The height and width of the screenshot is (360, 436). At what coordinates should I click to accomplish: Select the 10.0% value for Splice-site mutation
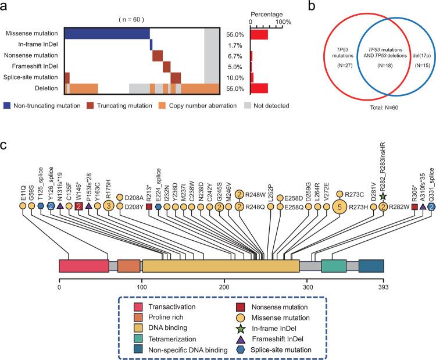point(234,77)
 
